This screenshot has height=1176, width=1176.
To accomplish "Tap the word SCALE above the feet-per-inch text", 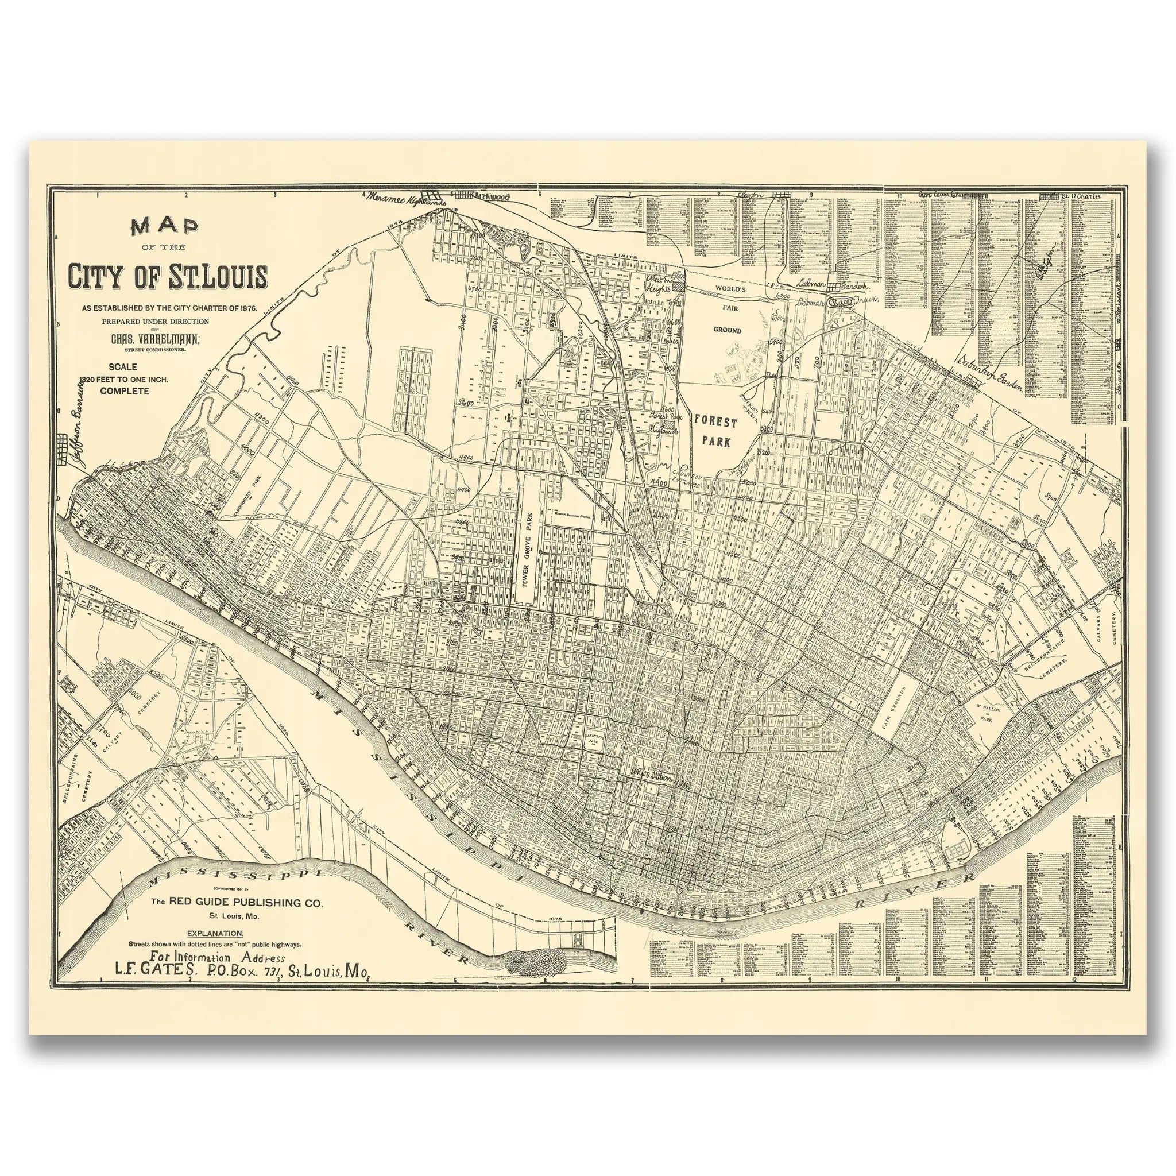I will tap(123, 367).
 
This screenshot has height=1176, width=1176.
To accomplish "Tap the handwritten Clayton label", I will tap(751, 194).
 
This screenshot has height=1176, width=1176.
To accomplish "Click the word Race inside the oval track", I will tap(841, 301).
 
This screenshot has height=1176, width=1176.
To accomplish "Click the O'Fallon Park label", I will tap(985, 713).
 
